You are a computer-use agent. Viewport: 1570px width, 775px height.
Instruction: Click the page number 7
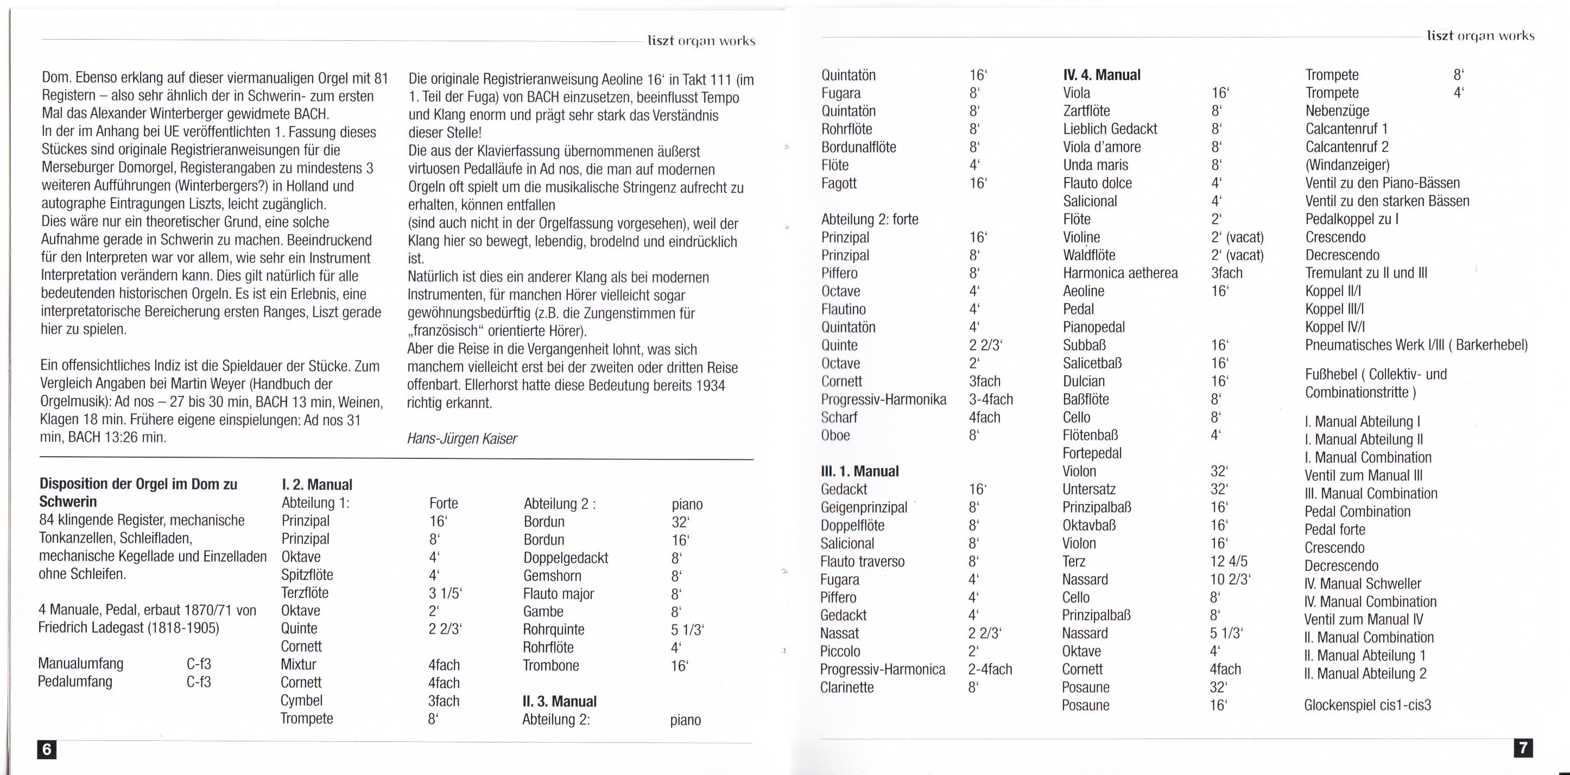click(1523, 747)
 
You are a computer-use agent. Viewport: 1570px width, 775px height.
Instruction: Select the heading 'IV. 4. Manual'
click(1101, 75)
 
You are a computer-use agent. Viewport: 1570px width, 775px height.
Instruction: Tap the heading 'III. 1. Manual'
click(859, 471)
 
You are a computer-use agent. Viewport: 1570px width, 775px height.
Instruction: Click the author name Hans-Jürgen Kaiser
click(461, 438)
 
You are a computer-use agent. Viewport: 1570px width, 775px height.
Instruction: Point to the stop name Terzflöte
click(304, 593)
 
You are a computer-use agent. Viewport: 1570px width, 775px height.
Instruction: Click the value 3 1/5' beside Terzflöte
click(445, 593)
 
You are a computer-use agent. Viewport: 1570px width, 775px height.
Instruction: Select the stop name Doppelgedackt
click(565, 558)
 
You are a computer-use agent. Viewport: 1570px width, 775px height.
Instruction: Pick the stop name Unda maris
click(1095, 165)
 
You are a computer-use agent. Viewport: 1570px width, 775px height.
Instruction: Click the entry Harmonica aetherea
click(1120, 273)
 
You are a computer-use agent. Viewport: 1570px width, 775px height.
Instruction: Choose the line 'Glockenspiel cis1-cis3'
click(1367, 705)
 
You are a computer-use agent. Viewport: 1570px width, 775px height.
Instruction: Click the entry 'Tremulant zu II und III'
click(1366, 273)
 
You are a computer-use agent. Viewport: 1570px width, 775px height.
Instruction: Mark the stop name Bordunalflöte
click(858, 147)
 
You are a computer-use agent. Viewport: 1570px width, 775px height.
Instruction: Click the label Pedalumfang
click(74, 681)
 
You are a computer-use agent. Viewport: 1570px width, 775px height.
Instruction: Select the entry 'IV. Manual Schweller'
click(1362, 583)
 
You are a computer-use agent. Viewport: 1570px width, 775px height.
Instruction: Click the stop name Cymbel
click(301, 701)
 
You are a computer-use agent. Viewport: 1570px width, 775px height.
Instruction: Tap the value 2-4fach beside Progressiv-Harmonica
click(990, 670)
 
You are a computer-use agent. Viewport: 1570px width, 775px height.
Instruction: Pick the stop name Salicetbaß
click(1092, 363)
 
